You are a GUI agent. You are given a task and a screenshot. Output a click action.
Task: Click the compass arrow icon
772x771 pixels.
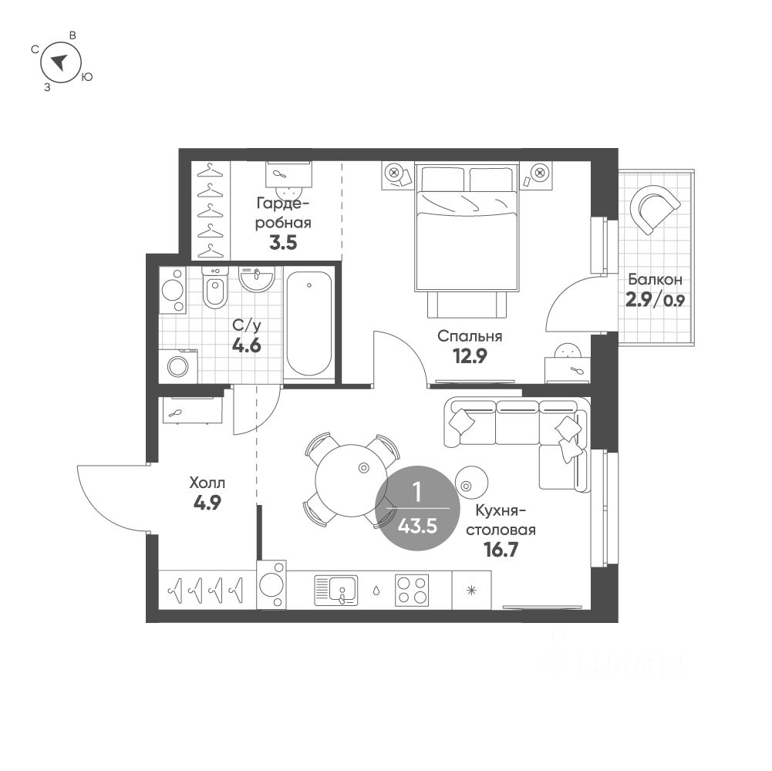point(59,62)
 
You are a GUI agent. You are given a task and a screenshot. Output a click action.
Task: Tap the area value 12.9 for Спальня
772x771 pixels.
point(469,355)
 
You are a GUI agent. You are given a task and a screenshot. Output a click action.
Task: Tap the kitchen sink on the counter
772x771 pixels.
point(337,591)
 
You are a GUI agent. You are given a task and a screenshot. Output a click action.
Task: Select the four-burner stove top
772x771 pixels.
point(412,591)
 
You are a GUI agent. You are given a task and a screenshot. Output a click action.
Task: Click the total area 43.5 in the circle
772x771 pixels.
point(416,527)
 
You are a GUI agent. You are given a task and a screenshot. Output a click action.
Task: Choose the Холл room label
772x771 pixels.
point(207,483)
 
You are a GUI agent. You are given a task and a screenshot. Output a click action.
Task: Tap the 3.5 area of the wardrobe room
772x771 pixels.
point(284,244)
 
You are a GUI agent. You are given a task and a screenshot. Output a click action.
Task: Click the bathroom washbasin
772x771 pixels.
point(256,278)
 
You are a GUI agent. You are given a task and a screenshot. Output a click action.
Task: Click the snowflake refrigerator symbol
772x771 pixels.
point(471,591)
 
